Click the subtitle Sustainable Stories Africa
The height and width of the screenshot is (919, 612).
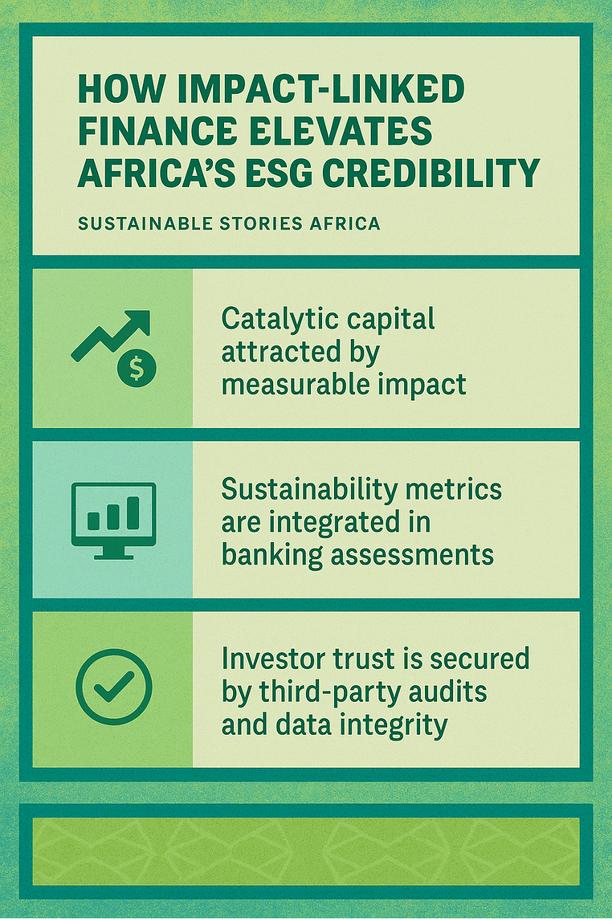[229, 224]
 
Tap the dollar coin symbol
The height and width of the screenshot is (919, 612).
[137, 367]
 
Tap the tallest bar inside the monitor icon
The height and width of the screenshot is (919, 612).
[133, 513]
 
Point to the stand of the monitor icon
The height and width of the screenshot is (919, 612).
[113, 553]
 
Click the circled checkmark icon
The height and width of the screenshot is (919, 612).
[113, 686]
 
